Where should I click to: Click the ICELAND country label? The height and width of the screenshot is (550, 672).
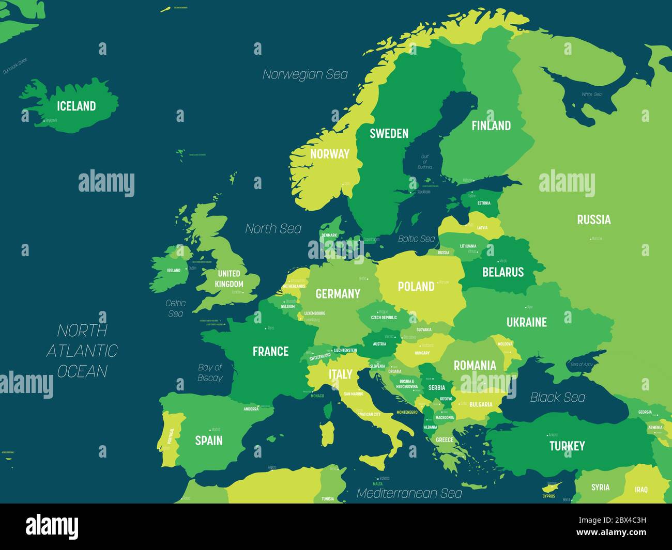tap(76, 106)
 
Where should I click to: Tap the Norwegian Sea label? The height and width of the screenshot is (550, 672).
tap(305, 74)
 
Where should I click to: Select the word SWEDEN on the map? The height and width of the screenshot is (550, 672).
tap(389, 133)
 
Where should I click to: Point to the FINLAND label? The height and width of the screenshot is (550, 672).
tap(491, 125)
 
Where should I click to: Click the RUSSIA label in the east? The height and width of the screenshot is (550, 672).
tap(593, 219)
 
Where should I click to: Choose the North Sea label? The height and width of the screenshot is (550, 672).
tap(273, 228)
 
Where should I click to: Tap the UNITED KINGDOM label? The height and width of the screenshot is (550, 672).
tap(229, 279)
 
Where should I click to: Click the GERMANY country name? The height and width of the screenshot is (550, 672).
tap(338, 294)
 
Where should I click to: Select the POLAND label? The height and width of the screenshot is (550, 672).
tap(416, 287)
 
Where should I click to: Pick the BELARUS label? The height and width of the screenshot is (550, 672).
tap(502, 272)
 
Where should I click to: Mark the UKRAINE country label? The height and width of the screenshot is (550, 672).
tap(526, 322)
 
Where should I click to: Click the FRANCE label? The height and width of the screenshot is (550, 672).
tap(270, 352)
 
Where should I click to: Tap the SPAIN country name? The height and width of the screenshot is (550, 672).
tap(209, 441)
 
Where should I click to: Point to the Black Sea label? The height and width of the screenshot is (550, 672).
tap(558, 397)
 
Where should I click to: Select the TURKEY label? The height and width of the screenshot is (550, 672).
tap(567, 446)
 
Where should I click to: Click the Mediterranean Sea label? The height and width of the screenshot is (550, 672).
tap(409, 493)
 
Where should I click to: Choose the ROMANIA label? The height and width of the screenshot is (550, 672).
tap(475, 366)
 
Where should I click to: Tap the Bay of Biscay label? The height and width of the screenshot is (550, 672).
tap(210, 372)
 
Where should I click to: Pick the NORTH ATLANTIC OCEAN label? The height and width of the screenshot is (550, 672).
tap(82, 351)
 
